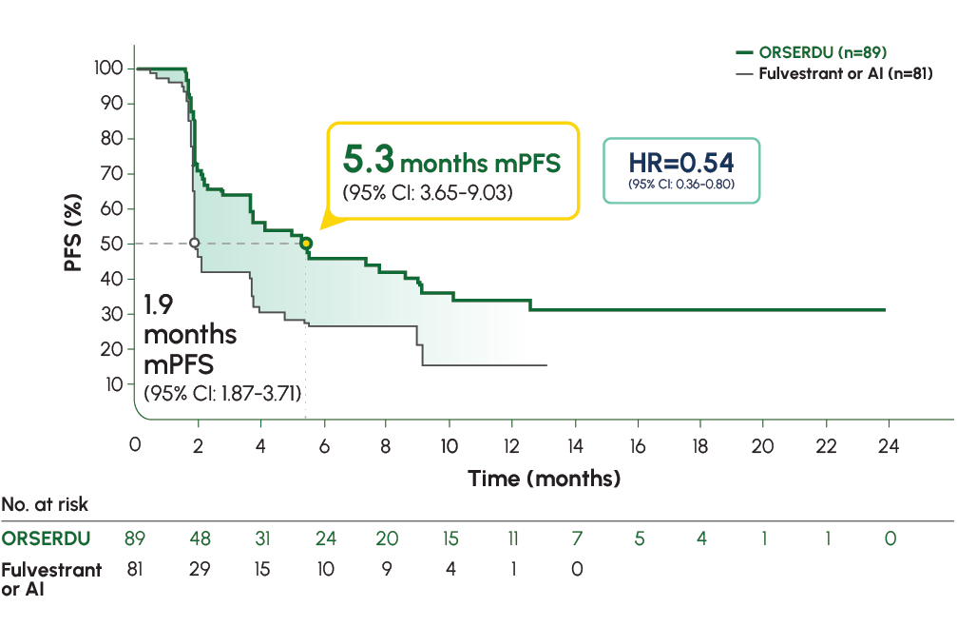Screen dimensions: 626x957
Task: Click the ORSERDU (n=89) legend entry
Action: click(x=823, y=51)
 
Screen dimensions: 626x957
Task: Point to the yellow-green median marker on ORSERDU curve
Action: click(x=306, y=244)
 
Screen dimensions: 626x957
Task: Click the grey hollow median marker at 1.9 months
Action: click(x=195, y=244)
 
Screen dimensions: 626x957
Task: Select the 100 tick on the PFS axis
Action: click(x=108, y=68)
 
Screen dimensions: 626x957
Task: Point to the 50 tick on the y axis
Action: click(x=112, y=244)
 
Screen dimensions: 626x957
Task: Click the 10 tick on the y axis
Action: click(x=112, y=384)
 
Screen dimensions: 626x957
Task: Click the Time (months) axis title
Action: click(x=544, y=478)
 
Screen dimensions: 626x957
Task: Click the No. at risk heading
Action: click(x=46, y=505)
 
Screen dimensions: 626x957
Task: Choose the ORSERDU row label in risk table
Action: click(x=46, y=538)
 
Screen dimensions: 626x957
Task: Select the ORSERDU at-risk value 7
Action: click(x=574, y=538)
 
